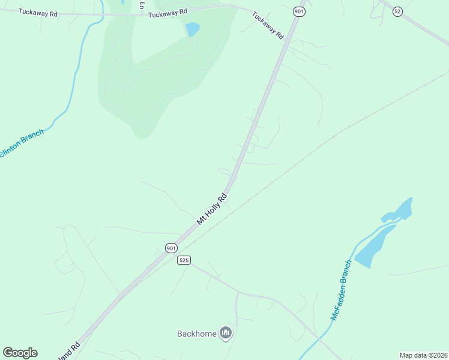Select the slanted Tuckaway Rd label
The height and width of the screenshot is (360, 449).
pyautogui.click(x=268, y=25)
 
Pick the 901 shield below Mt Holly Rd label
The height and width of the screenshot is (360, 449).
pyautogui.click(x=171, y=248)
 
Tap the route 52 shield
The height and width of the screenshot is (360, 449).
pyautogui.click(x=397, y=11)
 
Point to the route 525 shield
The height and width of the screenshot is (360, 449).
pyautogui.click(x=184, y=260)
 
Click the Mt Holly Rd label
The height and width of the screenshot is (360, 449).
pyautogui.click(x=212, y=209)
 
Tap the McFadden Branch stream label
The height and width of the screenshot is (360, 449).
pyautogui.click(x=340, y=290)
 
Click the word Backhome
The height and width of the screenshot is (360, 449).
pyautogui.click(x=196, y=334)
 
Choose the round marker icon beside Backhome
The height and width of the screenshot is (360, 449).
pyautogui.click(x=226, y=333)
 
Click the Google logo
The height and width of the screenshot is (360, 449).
pyautogui.click(x=20, y=353)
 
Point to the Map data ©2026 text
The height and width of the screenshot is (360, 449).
pyautogui.click(x=424, y=355)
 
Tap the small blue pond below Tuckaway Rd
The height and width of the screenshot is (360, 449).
pyautogui.click(x=192, y=29)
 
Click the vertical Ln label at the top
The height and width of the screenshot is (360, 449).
pyautogui.click(x=142, y=5)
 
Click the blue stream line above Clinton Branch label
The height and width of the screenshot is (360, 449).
pyautogui.click(x=73, y=78)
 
